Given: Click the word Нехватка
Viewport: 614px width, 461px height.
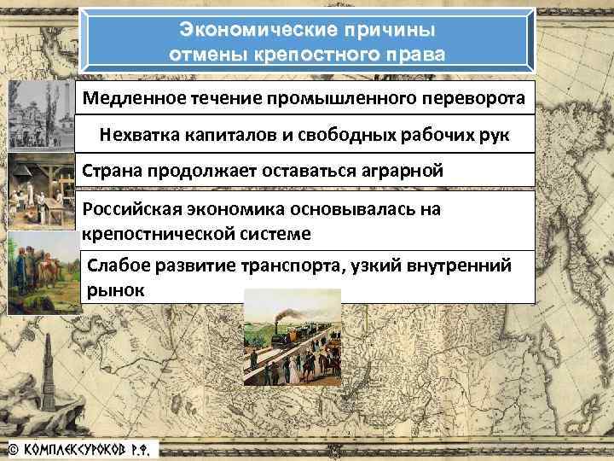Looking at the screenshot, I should [134, 134].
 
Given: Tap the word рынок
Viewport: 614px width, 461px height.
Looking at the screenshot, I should [116, 289].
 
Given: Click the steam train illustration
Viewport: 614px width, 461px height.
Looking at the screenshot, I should [292, 334].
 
